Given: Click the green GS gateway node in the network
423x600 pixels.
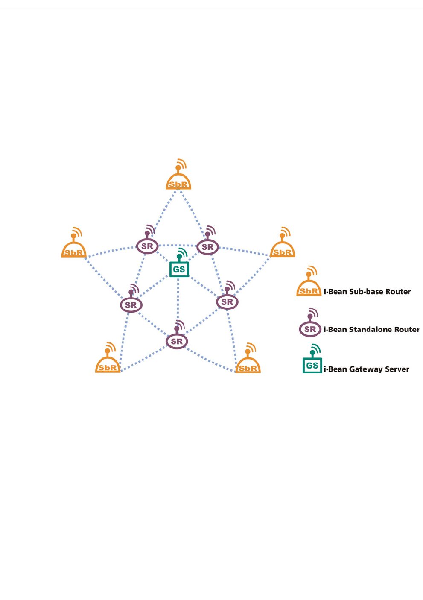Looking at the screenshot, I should tap(179, 269).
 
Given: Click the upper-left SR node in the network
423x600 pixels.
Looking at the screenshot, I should tap(147, 246).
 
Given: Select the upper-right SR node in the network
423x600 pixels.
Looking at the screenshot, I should tap(208, 247).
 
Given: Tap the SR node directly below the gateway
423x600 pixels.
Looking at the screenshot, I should tap(177, 342).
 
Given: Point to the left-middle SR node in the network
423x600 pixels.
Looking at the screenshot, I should tap(131, 305).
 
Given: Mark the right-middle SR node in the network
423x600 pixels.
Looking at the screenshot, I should tap(228, 302).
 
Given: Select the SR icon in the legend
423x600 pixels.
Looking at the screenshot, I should tap(310, 329).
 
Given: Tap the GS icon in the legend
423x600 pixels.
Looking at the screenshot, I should tap(312, 365).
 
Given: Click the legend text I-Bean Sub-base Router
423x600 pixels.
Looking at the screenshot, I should tap(367, 292).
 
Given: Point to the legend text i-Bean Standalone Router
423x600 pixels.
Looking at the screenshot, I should tap(371, 329).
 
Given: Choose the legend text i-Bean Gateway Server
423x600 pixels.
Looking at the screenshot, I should tap(366, 369).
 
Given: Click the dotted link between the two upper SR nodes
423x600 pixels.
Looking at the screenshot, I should tap(178, 246).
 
